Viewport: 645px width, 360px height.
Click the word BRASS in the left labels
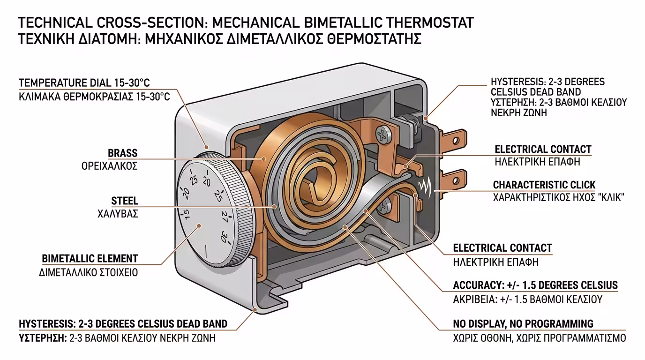[122, 153]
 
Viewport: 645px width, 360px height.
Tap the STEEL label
[124, 201]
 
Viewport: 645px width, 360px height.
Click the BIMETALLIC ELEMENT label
[90, 258]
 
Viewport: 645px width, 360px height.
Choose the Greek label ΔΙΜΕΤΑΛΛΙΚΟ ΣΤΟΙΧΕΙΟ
[89, 272]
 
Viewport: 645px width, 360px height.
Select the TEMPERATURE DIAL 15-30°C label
[84, 83]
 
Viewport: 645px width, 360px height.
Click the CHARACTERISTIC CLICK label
[544, 184]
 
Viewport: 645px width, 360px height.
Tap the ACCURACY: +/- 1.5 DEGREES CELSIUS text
[535, 285]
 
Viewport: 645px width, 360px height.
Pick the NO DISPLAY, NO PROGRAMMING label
[523, 323]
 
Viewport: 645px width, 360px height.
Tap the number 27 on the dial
[225, 217]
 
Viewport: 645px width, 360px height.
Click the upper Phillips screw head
[384, 135]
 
